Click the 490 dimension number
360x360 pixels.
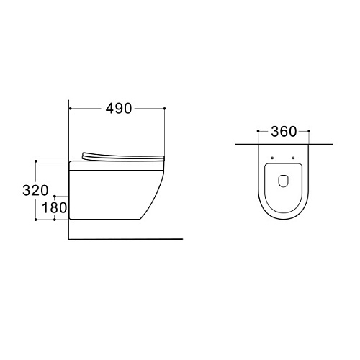click(x=119, y=109)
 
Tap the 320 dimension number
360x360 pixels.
click(x=35, y=191)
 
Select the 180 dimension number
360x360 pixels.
click(x=55, y=208)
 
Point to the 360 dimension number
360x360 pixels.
click(x=284, y=132)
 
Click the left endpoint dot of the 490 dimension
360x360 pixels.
click(x=71, y=109)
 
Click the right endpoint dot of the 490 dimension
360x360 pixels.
click(x=164, y=109)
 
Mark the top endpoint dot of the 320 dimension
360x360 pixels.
click(x=36, y=161)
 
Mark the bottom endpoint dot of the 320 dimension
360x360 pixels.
click(x=36, y=220)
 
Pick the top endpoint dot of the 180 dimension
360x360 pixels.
click(x=55, y=196)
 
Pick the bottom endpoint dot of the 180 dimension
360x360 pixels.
click(x=55, y=220)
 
